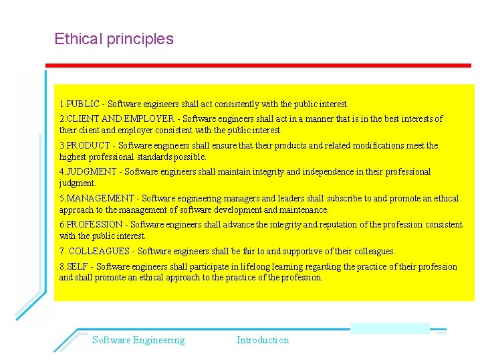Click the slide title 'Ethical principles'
114,39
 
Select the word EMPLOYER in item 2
151,119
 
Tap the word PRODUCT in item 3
88,146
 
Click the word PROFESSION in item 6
94,225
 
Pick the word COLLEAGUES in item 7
99,252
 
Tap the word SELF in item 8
77,267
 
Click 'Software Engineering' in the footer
138,340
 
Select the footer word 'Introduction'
263,340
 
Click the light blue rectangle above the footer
390,328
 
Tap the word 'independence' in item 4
328,172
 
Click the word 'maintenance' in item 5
305,210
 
